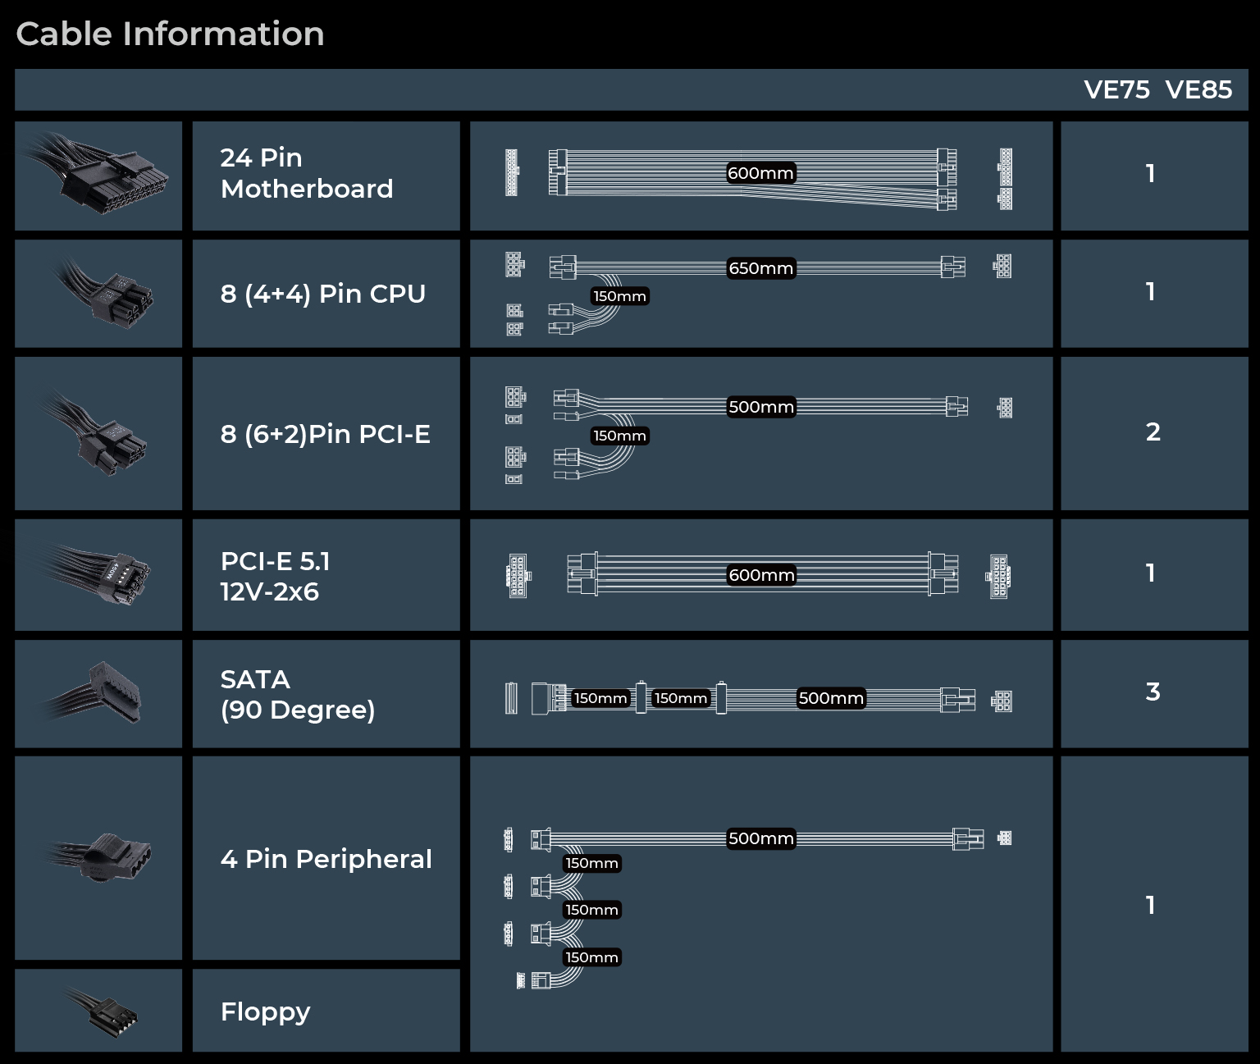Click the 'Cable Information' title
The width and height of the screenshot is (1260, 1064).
[170, 34]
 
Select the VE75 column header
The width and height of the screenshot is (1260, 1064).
[1116, 90]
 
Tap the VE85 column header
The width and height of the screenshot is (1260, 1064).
[1198, 90]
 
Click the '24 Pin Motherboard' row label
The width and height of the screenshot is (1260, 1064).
[307, 173]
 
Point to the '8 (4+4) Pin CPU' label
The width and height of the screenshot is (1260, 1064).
[323, 294]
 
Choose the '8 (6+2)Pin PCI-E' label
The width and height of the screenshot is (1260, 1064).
[326, 434]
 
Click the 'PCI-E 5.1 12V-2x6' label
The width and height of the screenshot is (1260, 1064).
[275, 577]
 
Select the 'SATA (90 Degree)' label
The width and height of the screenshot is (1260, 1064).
[298, 695]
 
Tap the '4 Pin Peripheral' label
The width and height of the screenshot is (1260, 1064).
[326, 859]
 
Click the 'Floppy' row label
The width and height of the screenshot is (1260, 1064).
[266, 1012]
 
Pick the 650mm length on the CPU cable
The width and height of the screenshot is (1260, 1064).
[761, 268]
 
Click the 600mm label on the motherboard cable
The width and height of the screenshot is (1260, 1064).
[760, 173]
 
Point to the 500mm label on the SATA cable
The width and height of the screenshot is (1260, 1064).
[831, 698]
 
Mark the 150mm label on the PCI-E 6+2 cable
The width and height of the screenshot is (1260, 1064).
[619, 436]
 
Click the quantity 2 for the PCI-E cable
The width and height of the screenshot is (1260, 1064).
[1153, 432]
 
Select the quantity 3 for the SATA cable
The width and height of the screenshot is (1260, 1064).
[1153, 692]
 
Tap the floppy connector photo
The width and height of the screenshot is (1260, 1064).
[103, 1012]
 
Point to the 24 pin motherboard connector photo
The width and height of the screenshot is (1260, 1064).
[97, 174]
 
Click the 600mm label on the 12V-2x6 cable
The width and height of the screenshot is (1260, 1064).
[761, 575]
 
